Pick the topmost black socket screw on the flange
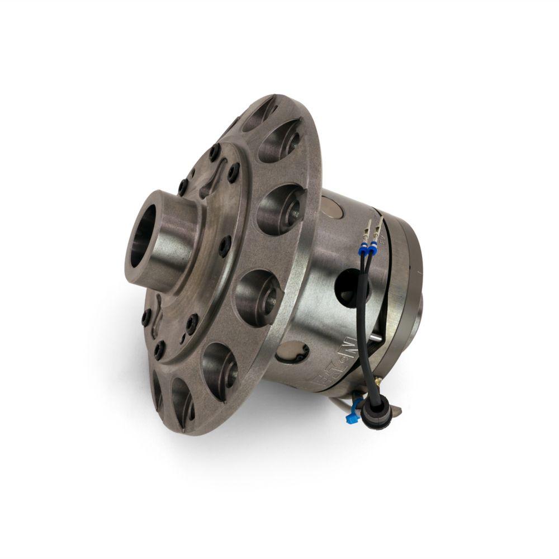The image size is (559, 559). coord(215,149)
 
